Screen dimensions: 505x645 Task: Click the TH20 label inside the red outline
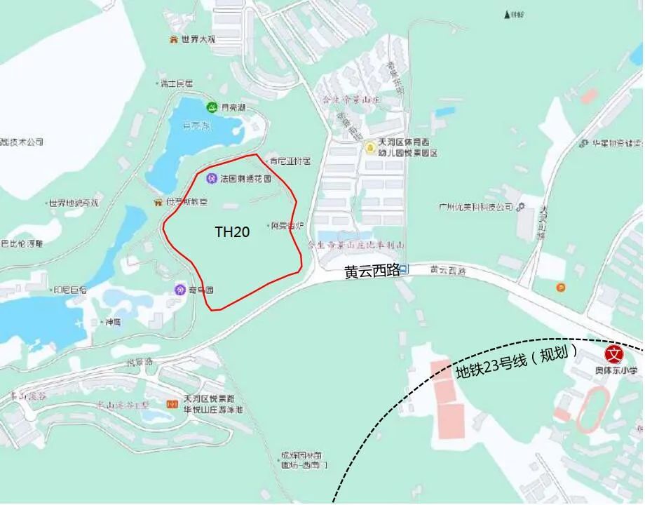click(232, 232)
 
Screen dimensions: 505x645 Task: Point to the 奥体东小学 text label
click(616, 370)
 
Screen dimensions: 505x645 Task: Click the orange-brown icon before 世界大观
click(172, 40)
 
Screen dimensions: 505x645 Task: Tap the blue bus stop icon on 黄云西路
click(405, 269)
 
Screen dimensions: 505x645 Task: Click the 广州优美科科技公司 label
click(476, 207)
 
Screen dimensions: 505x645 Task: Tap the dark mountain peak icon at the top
click(507, 14)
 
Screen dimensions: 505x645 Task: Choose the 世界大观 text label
click(198, 40)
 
